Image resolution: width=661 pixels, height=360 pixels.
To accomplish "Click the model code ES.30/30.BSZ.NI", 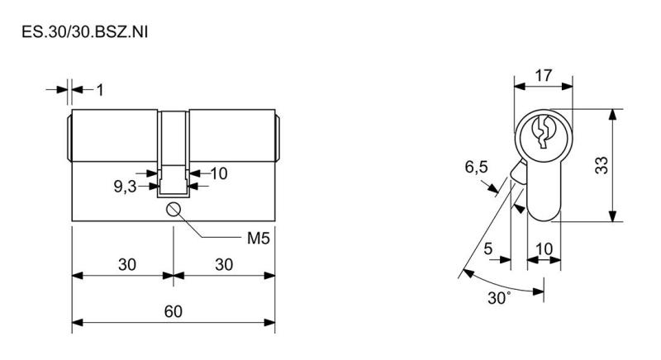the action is pyautogui.click(x=85, y=32).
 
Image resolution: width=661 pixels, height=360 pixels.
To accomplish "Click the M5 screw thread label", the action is pyautogui.click(x=258, y=239).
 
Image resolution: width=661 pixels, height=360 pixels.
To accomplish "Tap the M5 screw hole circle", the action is pyautogui.click(x=174, y=209).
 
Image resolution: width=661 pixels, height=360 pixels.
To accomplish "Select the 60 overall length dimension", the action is pyautogui.click(x=174, y=311).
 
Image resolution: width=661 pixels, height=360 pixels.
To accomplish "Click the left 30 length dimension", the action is pyautogui.click(x=127, y=265).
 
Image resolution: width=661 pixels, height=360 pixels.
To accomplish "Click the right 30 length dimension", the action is pyautogui.click(x=224, y=265).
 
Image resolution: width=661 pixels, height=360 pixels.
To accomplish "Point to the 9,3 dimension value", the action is pyautogui.click(x=126, y=187).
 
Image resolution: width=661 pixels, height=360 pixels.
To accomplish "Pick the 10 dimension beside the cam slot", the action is pyautogui.click(x=219, y=173).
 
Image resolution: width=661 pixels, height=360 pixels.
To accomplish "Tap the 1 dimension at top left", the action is pyautogui.click(x=100, y=90).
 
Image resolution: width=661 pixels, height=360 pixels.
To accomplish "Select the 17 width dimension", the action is pyautogui.click(x=544, y=76).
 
